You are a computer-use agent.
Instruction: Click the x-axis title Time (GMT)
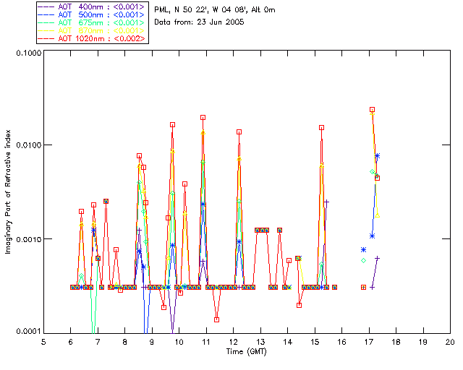click(x=247, y=350)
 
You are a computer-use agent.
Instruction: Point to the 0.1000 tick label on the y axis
click(x=27, y=53)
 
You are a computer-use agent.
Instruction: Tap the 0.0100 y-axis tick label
click(x=27, y=146)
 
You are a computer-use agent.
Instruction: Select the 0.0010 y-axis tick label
click(x=27, y=239)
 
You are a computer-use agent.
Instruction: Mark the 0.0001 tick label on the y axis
click(x=27, y=331)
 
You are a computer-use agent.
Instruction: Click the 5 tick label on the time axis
click(x=43, y=341)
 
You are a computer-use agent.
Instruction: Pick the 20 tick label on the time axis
click(x=450, y=341)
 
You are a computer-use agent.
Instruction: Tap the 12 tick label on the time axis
click(x=234, y=341)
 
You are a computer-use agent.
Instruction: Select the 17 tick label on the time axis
click(x=369, y=341)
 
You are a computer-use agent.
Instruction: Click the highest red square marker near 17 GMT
click(x=372, y=110)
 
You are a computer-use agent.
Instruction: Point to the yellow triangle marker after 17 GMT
click(x=378, y=215)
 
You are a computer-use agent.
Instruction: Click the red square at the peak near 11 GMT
click(x=203, y=117)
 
